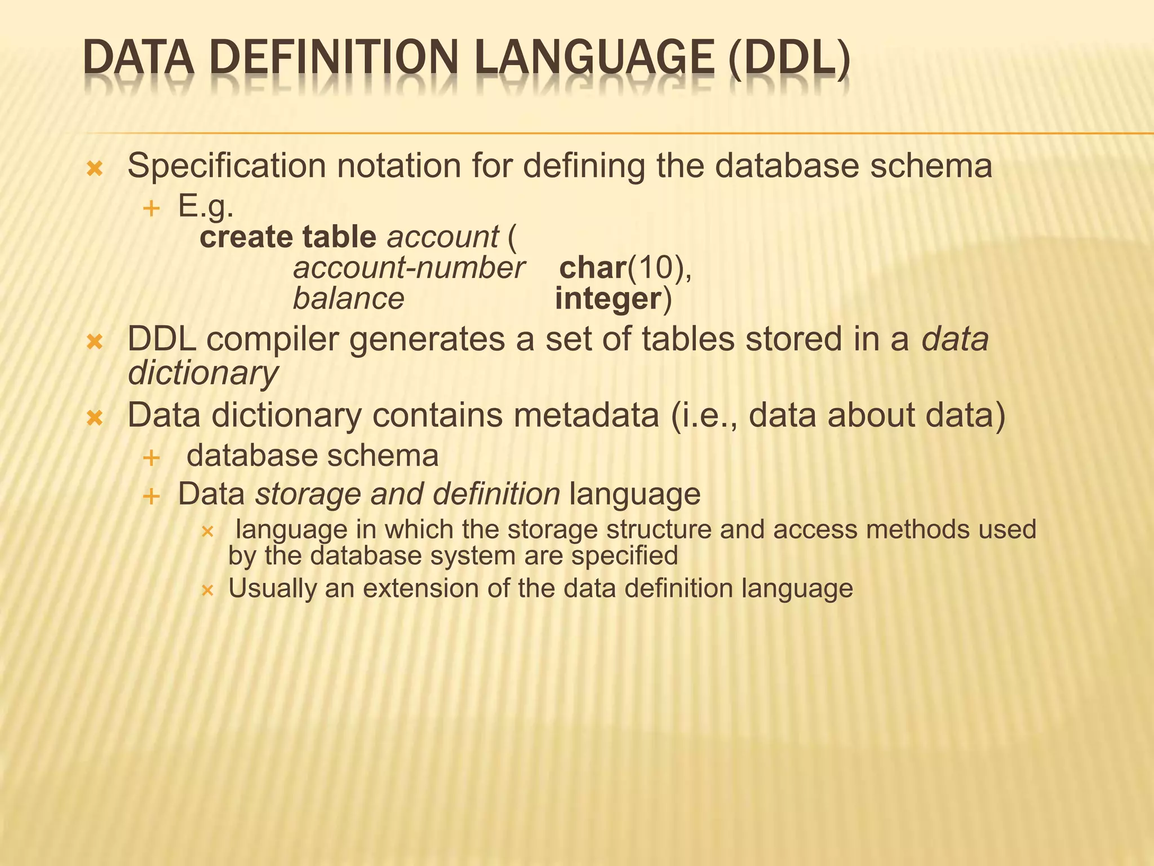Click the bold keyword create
(x=246, y=237)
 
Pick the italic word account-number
(x=409, y=268)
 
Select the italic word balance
(x=348, y=299)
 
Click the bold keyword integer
(x=607, y=299)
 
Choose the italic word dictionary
(x=203, y=373)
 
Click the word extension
(x=420, y=589)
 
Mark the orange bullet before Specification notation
(x=95, y=169)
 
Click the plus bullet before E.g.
(x=151, y=209)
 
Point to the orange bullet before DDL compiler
(x=95, y=342)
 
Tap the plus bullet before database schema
(x=151, y=458)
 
